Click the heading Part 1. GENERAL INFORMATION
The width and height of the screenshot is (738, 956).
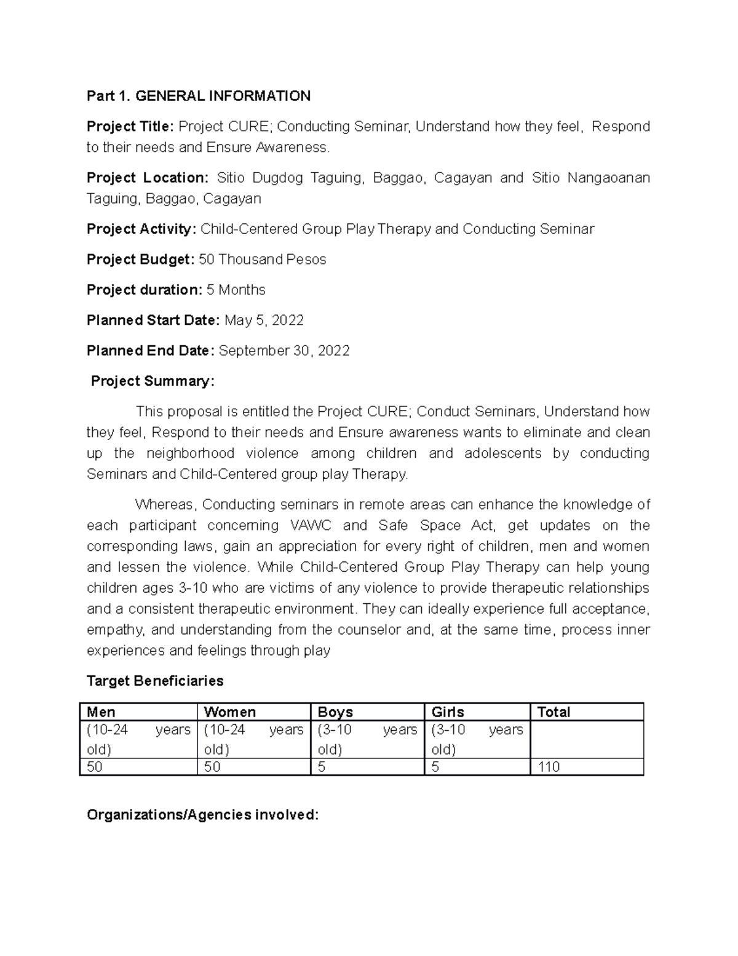198,96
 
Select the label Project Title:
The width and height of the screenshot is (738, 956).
130,127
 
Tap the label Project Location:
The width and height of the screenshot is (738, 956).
148,178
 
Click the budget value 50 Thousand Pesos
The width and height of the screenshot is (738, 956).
263,260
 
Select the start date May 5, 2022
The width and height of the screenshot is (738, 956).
264,321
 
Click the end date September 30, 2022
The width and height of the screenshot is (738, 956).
284,351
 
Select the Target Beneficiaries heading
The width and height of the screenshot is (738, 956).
155,681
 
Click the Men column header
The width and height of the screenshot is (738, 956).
101,712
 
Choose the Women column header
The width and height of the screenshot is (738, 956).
229,712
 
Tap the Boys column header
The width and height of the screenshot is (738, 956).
335,712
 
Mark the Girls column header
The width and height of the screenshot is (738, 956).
448,712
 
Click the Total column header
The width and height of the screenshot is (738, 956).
553,712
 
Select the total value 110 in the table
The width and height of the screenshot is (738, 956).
549,767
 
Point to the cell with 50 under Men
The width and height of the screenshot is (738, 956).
95,767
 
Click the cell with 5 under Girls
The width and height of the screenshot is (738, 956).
435,767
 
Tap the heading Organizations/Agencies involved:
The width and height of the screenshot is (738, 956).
203,815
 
